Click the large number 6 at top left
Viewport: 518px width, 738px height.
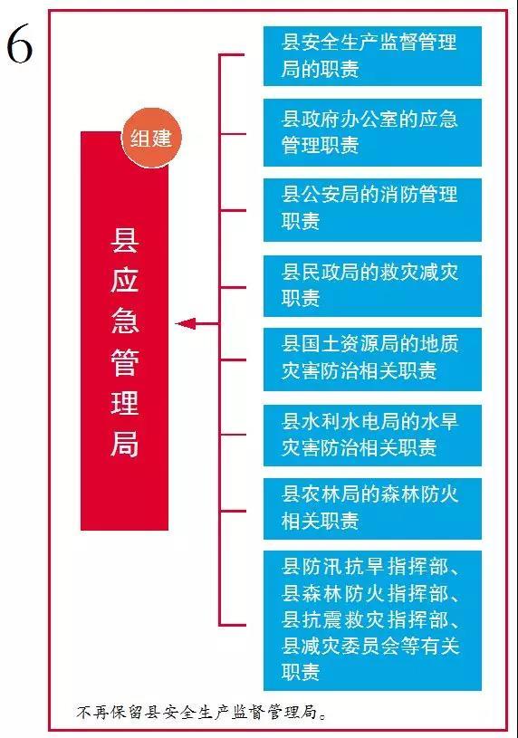click(19, 43)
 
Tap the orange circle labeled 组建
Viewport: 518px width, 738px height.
click(151, 138)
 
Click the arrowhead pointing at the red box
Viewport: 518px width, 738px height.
click(185, 324)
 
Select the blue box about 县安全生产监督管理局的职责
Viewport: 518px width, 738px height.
click(372, 56)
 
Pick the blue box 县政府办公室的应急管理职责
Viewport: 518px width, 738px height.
click(372, 132)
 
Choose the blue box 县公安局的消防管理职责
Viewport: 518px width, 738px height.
click(372, 209)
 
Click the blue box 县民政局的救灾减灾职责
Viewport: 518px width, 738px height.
click(372, 286)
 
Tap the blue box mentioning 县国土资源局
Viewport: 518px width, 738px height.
click(372, 359)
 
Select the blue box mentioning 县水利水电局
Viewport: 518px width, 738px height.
click(372, 435)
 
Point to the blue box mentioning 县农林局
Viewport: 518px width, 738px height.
click(372, 508)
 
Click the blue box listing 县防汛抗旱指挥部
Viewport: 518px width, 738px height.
click(372, 620)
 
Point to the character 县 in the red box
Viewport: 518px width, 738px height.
click(124, 240)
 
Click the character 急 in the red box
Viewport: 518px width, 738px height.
click(124, 321)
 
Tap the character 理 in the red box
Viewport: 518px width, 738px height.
click(124, 402)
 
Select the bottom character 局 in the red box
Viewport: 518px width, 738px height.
click(124, 444)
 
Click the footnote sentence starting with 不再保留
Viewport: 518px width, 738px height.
click(202, 712)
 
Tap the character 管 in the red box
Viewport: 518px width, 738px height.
click(124, 362)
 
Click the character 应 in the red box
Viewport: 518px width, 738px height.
click(124, 281)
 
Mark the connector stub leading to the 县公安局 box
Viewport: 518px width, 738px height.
click(233, 210)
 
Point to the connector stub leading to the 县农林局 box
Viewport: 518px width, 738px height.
click(233, 511)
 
